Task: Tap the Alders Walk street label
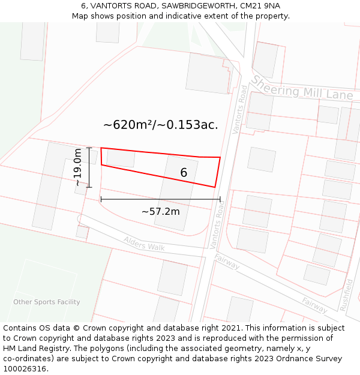coord(144,244)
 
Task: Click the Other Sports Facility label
coord(47,302)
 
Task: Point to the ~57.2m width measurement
coord(160,211)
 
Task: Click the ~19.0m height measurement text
coord(78,167)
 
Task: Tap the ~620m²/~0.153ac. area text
coord(160,125)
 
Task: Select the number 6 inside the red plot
coord(184,173)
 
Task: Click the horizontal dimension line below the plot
coord(160,199)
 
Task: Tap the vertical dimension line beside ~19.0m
coord(89,167)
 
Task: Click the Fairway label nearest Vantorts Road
coord(227,262)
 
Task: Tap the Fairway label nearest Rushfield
coord(314,305)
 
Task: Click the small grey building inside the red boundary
coord(121,158)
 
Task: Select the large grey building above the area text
coord(208,73)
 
